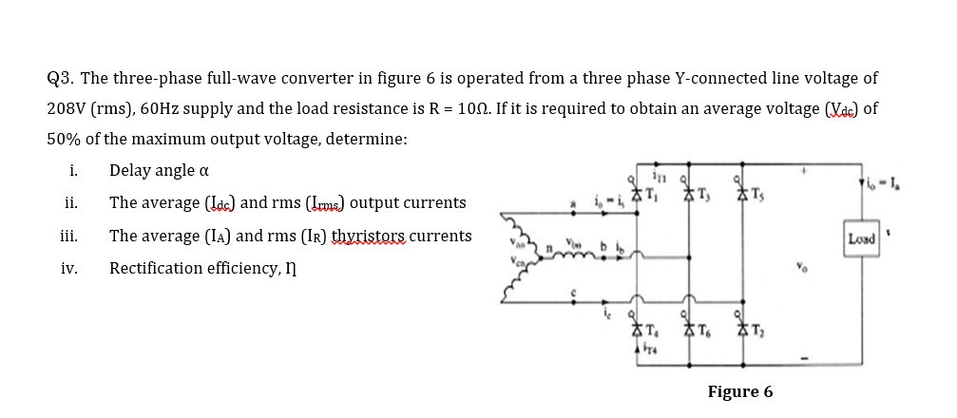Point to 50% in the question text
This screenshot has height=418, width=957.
click(66, 139)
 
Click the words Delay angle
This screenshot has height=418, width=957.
click(151, 171)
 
